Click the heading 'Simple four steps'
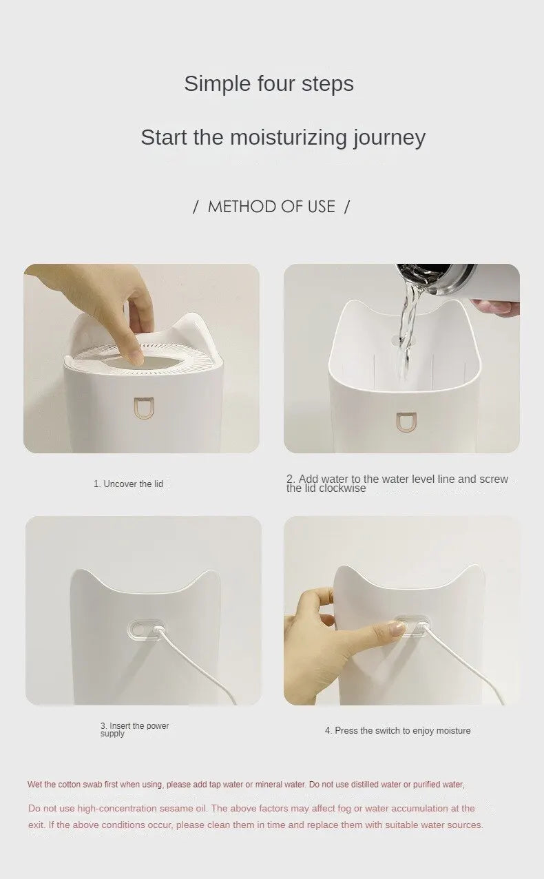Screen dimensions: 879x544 [269, 83]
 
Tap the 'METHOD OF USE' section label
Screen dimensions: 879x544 [271, 207]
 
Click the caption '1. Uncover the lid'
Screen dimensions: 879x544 [128, 484]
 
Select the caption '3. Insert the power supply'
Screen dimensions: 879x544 [134, 730]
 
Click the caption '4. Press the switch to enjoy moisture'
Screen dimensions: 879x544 [397, 730]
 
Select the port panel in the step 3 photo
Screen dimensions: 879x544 [146, 629]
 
